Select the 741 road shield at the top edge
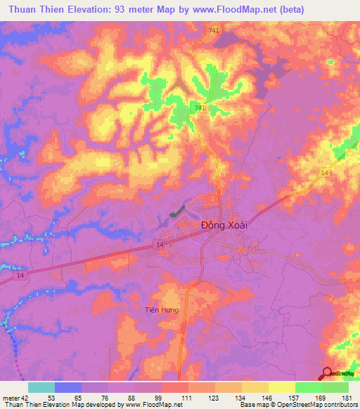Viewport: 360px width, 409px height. (x=213, y=30)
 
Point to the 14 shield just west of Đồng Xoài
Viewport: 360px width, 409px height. (x=160, y=243)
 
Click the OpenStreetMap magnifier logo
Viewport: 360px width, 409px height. (x=328, y=373)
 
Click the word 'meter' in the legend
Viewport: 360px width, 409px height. (x=9, y=398)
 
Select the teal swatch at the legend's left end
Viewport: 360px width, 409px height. (x=41, y=387)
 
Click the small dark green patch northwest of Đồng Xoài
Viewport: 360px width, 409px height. (x=178, y=210)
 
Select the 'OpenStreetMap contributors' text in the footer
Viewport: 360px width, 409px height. (x=321, y=405)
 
